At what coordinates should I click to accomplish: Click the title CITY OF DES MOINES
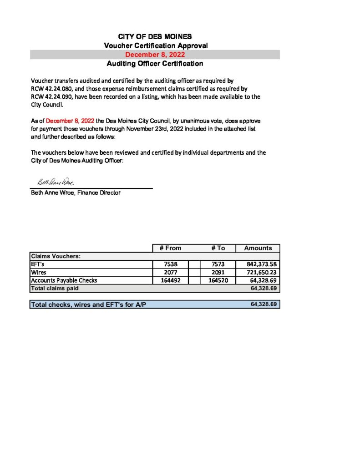coord(155,36)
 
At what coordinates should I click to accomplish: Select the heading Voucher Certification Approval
coord(156,46)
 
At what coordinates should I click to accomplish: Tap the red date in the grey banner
coord(155,55)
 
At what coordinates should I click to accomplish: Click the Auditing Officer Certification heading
coord(155,64)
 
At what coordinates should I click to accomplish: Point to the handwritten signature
coord(53,182)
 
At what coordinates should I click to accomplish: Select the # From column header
coord(170,248)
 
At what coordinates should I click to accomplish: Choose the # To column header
coord(218,248)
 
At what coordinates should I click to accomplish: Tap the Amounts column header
coord(258,248)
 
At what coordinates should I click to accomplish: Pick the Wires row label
coord(38,272)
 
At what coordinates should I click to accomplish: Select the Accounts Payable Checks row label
coord(64,280)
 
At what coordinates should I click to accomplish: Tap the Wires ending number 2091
coord(218,272)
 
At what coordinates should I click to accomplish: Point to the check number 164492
coord(171,280)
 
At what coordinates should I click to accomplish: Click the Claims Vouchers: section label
coord(56,256)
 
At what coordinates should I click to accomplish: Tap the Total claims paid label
coord(55,289)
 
